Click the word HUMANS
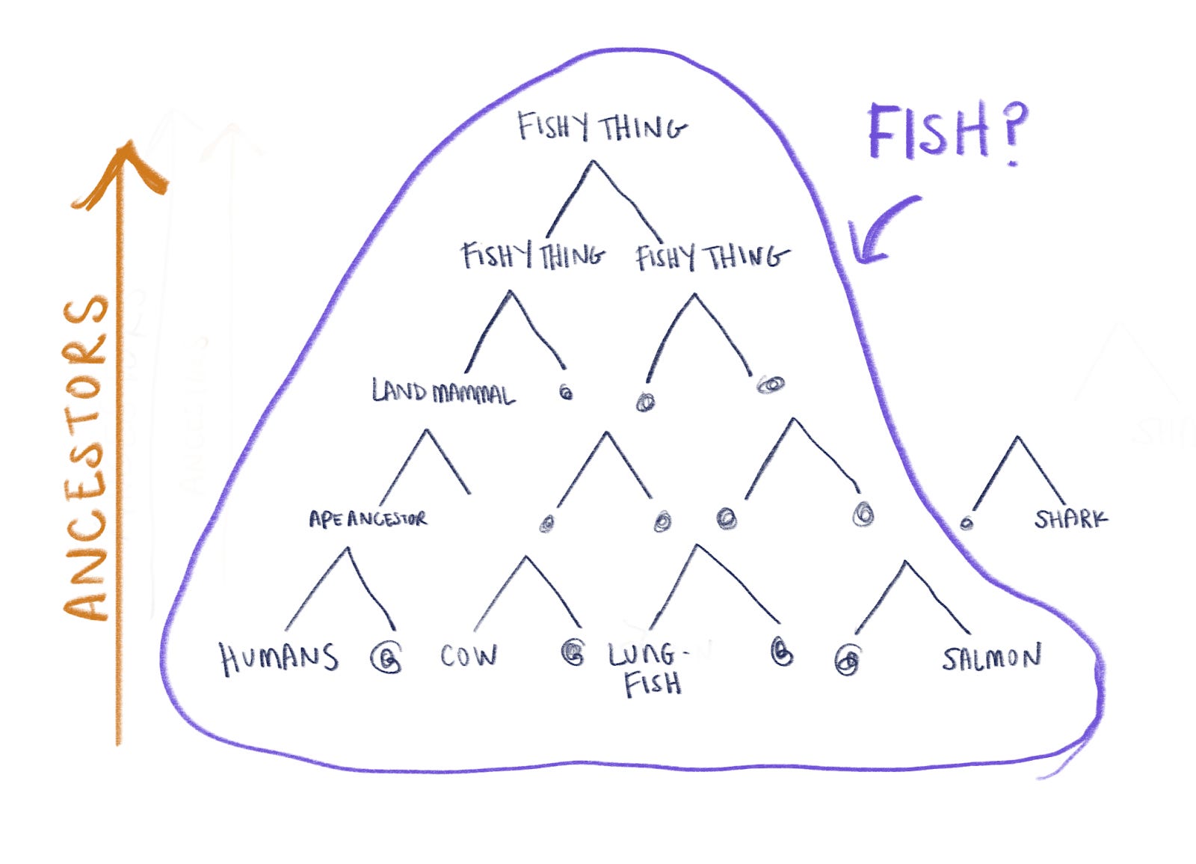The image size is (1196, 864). (x=278, y=658)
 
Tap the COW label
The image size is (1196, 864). (x=468, y=655)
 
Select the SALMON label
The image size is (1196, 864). (x=991, y=658)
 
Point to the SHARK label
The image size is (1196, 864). (x=1070, y=518)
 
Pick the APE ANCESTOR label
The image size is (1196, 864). (x=368, y=519)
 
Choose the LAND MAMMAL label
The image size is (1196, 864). (x=443, y=392)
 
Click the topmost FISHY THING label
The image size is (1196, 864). (x=602, y=128)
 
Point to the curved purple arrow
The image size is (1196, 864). (x=878, y=232)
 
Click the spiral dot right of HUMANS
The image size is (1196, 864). (x=386, y=659)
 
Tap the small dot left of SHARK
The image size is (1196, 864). (x=967, y=523)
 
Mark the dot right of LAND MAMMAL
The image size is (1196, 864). (x=566, y=392)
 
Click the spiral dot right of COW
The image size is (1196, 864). (x=573, y=653)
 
